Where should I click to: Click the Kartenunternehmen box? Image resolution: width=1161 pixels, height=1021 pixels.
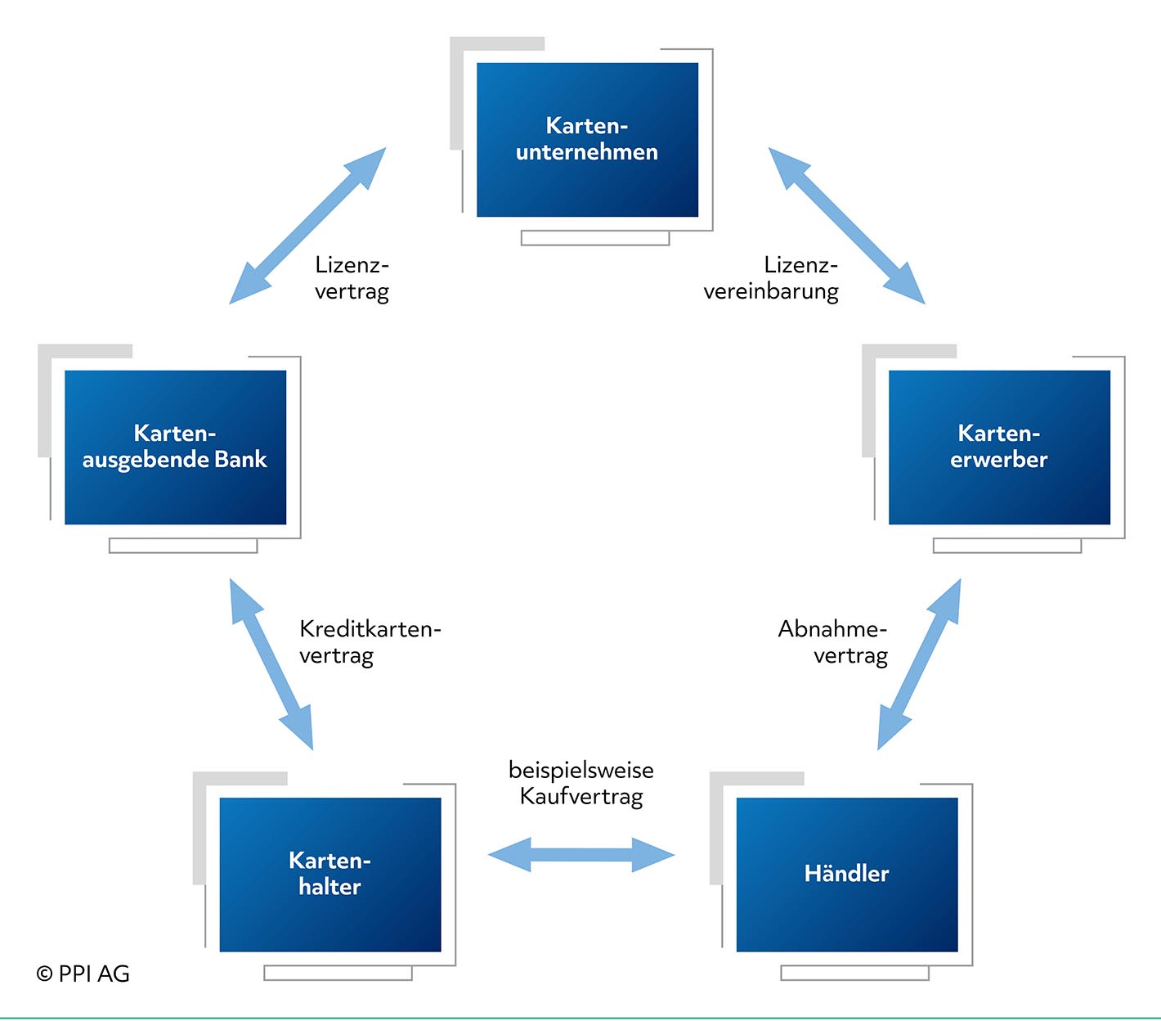[x=587, y=140]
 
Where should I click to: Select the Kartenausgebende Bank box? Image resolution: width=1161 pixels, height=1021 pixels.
[x=175, y=448]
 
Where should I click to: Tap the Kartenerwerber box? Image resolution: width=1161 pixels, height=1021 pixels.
[x=999, y=448]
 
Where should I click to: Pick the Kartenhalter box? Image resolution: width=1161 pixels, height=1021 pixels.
[x=330, y=875]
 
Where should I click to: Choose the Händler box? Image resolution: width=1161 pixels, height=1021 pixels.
[x=847, y=875]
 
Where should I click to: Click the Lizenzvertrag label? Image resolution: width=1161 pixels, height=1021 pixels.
[x=352, y=279]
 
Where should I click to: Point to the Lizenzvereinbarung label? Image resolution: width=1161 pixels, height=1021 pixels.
[x=771, y=279]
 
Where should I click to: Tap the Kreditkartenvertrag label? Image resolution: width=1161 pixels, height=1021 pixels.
[x=370, y=642]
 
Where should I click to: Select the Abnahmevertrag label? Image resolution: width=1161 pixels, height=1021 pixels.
[x=832, y=642]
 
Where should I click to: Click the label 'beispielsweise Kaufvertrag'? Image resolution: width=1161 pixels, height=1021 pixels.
[x=581, y=784]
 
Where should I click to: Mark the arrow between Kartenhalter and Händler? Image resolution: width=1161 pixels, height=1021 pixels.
[x=581, y=855]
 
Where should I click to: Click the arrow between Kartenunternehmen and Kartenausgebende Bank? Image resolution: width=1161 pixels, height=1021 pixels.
[x=307, y=226]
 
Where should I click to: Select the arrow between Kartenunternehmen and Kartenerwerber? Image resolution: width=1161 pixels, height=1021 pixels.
[x=846, y=226]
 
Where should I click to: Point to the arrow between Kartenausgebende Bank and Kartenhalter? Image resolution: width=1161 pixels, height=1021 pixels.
[x=271, y=663]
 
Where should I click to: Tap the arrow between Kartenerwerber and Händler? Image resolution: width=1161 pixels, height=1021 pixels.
[x=919, y=663]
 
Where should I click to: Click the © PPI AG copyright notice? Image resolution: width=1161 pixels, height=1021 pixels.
[x=83, y=974]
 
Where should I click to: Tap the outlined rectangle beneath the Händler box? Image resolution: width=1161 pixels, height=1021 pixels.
[x=855, y=973]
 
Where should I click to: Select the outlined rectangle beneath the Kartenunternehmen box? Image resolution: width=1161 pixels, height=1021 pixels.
[x=595, y=238]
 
